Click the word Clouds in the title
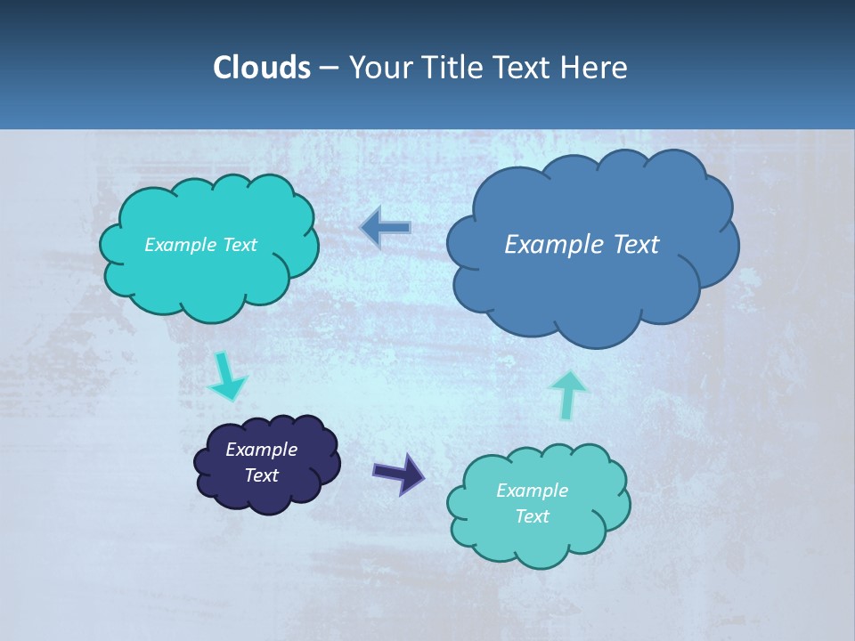(261, 67)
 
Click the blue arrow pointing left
(385, 228)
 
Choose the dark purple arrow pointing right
(398, 473)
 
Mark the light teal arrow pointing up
(568, 394)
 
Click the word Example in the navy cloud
(262, 450)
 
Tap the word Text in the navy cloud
(262, 475)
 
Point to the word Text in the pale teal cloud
(532, 516)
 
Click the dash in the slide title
(328, 67)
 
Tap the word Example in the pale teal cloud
(532, 491)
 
